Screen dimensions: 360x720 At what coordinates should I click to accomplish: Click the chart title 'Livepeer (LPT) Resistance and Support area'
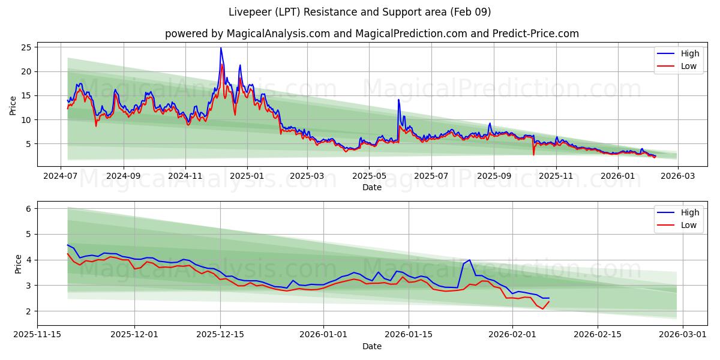pos(360,12)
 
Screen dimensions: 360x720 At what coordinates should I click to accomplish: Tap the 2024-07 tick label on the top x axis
pos(60,176)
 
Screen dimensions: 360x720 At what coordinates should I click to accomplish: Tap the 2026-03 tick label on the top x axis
pos(678,176)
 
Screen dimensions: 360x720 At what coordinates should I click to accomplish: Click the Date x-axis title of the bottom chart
pos(372,347)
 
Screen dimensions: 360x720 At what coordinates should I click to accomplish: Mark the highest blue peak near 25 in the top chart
pos(221,48)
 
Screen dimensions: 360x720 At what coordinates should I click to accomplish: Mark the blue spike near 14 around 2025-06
pos(398,100)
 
